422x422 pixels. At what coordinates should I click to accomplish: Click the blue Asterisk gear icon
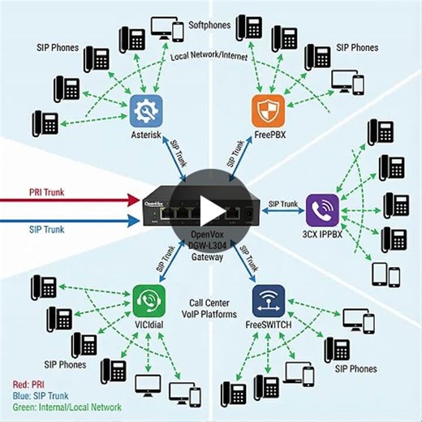[147, 109]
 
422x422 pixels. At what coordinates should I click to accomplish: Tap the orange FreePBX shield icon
[269, 109]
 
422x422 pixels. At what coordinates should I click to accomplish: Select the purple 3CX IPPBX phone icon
[321, 209]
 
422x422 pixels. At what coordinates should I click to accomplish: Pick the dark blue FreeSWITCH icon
[268, 300]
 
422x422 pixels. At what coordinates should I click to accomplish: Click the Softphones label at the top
[210, 24]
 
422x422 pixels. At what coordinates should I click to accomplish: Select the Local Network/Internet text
[209, 58]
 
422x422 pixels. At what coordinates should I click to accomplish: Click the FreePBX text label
[269, 135]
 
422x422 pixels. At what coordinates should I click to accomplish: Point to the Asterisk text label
[147, 135]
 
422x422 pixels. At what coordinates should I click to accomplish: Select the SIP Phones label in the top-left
[58, 48]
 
